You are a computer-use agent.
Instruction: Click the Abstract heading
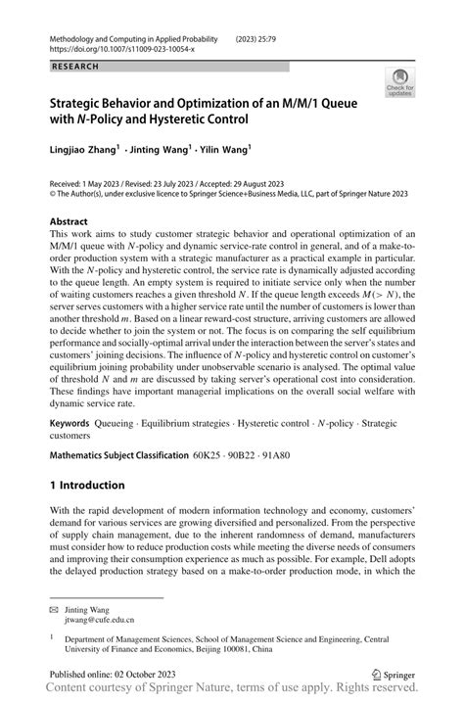pos(74,222)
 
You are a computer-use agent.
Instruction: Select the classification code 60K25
pos(207,455)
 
